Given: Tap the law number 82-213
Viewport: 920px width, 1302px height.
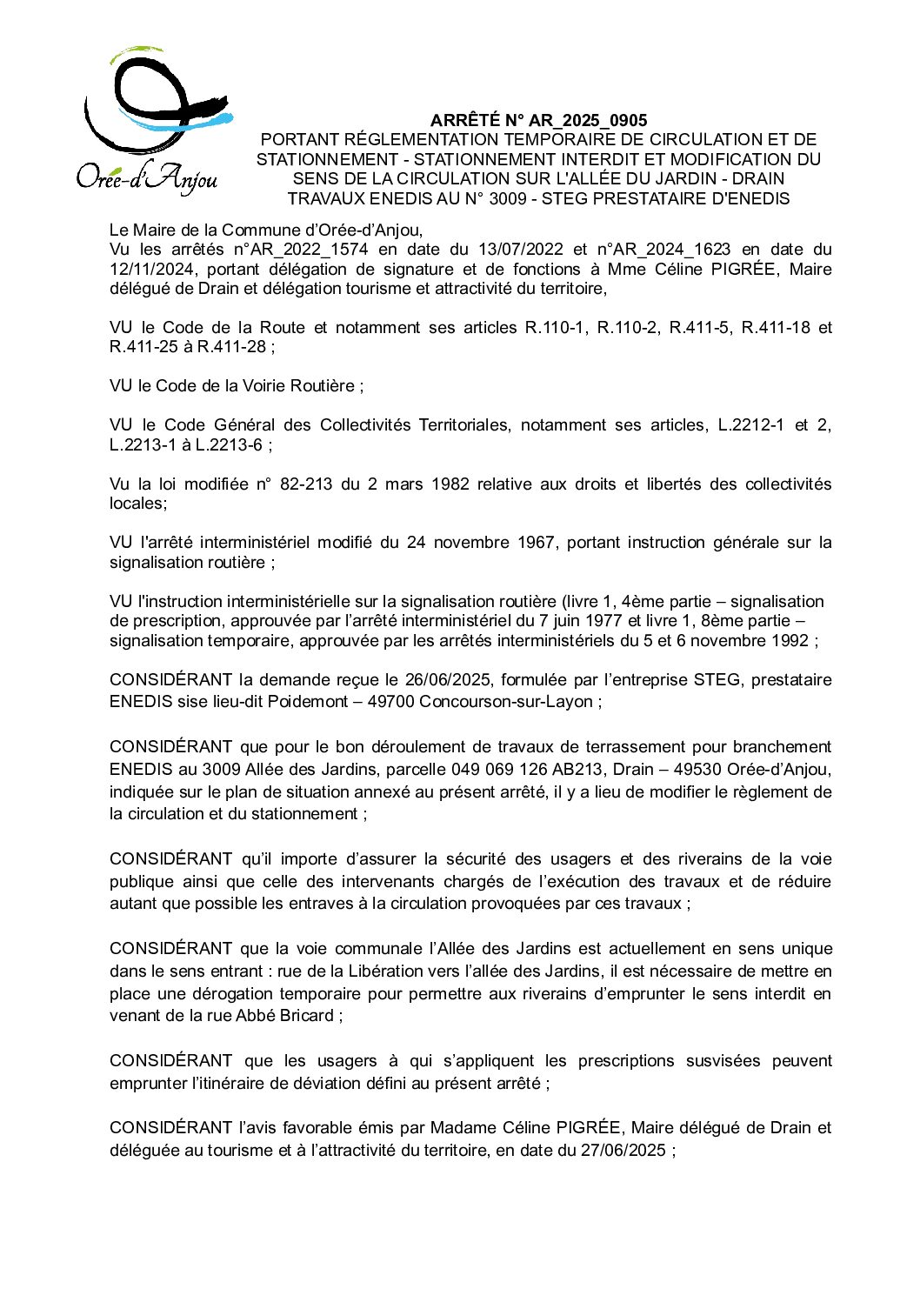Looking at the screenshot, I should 306,484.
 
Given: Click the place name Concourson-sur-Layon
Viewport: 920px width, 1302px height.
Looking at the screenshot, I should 505,701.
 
